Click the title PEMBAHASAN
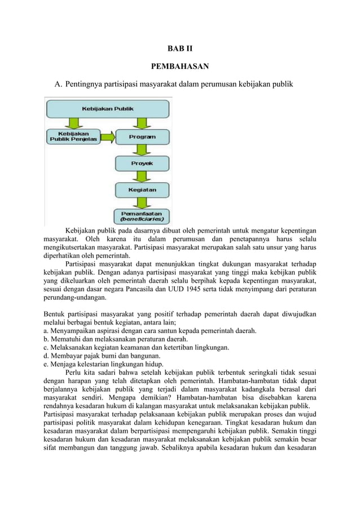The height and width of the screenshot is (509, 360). click(x=180, y=67)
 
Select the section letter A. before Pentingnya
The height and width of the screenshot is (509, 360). click(x=58, y=85)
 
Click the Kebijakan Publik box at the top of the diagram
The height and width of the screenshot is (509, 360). click(x=108, y=108)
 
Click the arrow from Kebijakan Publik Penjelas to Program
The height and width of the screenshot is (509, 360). click(x=107, y=137)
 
